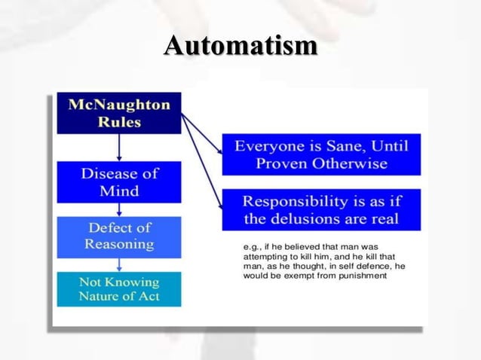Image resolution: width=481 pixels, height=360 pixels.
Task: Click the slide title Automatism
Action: (x=240, y=46)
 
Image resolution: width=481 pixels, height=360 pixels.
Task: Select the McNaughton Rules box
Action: (x=119, y=113)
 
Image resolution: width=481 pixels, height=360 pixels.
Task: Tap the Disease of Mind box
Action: (x=119, y=182)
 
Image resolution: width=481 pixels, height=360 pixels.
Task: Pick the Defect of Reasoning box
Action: (x=119, y=236)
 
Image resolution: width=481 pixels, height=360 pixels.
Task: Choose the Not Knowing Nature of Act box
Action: (x=119, y=289)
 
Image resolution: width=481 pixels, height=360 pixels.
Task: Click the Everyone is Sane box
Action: (x=321, y=154)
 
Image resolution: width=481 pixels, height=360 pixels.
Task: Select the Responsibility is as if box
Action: (x=321, y=210)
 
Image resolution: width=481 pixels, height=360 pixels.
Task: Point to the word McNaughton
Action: (x=119, y=105)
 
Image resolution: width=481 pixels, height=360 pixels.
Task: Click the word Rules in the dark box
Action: (x=119, y=123)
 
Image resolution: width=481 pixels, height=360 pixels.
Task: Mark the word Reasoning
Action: (x=119, y=244)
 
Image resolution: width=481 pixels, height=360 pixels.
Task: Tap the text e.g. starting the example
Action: (x=250, y=246)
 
